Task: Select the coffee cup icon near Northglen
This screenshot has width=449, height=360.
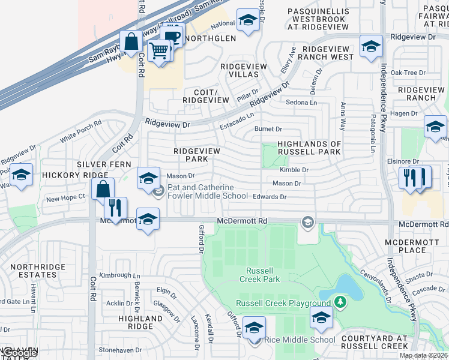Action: (x=172, y=35)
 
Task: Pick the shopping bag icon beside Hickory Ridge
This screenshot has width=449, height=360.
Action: (x=103, y=188)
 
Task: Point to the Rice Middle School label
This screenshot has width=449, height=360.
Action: (x=300, y=340)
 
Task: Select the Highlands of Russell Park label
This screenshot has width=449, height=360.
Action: (x=309, y=148)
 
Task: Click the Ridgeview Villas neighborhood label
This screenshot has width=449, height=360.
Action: (x=239, y=70)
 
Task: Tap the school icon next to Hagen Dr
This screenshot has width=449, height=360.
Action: (x=435, y=127)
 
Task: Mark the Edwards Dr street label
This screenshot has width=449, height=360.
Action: (x=270, y=196)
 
